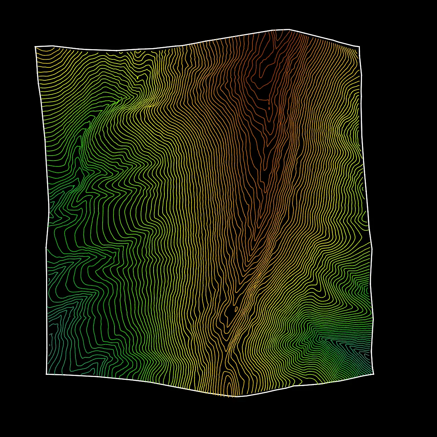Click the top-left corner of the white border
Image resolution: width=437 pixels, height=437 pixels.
(35, 46)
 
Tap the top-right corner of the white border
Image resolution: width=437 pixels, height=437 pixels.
(360, 46)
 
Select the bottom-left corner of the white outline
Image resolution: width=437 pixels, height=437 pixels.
(46, 374)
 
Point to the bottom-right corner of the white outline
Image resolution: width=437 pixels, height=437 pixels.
(373, 374)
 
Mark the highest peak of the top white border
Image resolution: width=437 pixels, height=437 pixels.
(289, 30)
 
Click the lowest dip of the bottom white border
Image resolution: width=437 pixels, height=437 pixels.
(236, 397)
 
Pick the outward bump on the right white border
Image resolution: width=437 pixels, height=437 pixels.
(372, 249)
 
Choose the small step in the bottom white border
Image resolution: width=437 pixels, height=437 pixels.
(293, 386)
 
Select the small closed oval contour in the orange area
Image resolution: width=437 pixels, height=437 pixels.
(237, 309)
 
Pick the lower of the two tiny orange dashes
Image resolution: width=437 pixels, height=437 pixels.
(269, 108)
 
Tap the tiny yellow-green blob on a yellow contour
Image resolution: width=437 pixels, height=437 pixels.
(138, 77)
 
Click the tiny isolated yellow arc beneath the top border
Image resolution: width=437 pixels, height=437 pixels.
(121, 53)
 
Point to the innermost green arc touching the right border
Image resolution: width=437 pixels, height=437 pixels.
(366, 290)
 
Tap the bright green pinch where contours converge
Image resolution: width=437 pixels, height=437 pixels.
(120, 101)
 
